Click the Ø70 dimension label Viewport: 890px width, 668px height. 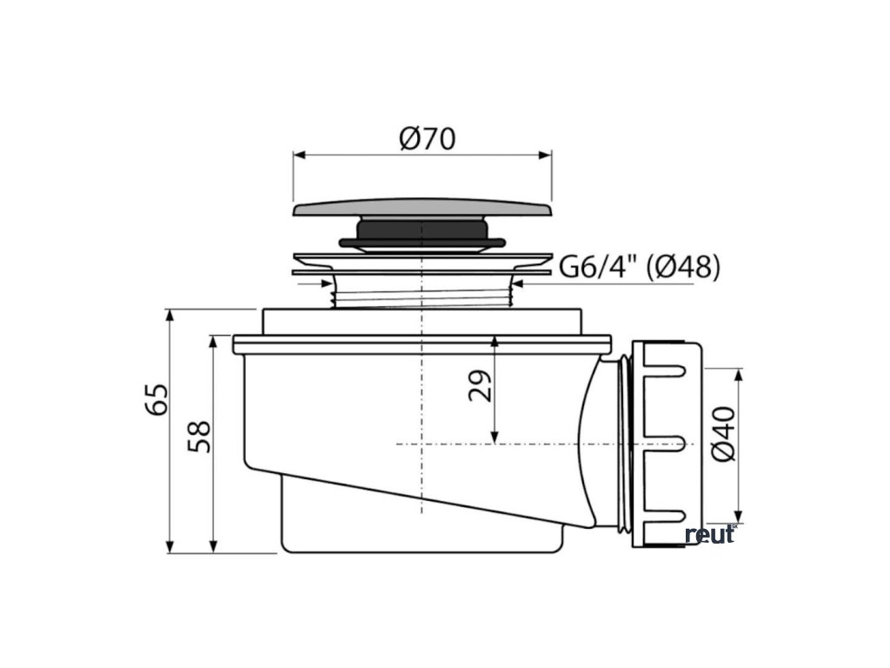click(x=428, y=138)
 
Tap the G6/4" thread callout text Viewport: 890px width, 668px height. click(x=599, y=266)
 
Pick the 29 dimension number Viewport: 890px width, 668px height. click(x=480, y=386)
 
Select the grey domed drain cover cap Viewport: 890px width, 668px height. click(x=423, y=207)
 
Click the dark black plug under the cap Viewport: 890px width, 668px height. click(x=422, y=234)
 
